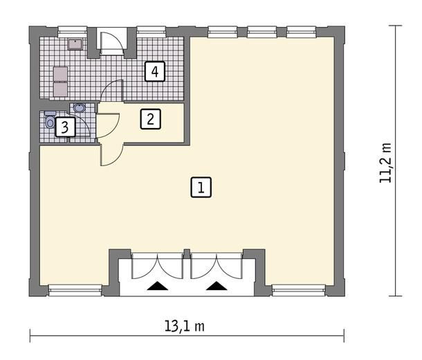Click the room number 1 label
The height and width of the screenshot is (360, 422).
[x=201, y=188]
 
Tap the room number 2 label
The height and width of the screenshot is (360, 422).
[x=151, y=119]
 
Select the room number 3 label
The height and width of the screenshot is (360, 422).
[x=65, y=127]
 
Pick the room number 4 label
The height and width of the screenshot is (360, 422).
[x=155, y=71]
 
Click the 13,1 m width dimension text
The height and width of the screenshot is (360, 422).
[x=185, y=326]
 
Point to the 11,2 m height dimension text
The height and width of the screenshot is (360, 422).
[x=385, y=163]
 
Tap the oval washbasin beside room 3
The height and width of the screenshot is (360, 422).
[x=80, y=108]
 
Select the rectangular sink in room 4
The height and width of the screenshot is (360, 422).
[x=75, y=44]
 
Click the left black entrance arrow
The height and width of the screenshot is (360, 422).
[x=158, y=286]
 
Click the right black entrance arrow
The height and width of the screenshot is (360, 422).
[x=217, y=286]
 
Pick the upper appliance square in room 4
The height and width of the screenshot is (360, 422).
[x=61, y=74]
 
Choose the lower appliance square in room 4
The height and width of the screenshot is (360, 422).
[x=61, y=89]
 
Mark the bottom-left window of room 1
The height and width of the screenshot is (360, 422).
[x=75, y=290]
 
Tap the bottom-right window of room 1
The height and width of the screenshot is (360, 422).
[x=299, y=290]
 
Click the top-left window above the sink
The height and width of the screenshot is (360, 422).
[x=73, y=32]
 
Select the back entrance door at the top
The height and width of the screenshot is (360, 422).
[x=111, y=40]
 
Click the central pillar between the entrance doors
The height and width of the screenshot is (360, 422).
[x=187, y=253]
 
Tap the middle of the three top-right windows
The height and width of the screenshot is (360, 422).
[x=262, y=32]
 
